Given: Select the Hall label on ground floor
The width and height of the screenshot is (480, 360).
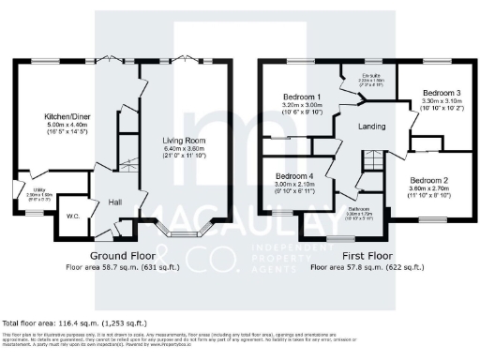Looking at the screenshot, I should (x=115, y=202).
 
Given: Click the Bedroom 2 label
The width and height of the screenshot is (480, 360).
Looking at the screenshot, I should (x=430, y=180).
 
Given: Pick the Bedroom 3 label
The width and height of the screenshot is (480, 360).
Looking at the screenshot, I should (x=440, y=94).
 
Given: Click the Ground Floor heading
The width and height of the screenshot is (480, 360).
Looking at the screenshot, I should (x=123, y=255).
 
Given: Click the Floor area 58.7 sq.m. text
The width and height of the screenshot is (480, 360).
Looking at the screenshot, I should (x=123, y=266).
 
